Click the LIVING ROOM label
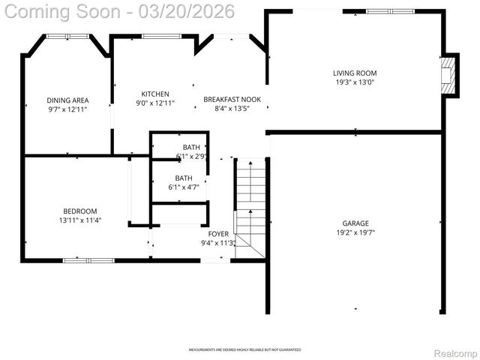pos(355,73)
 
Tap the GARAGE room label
pos(355,223)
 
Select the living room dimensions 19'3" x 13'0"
pos(355,82)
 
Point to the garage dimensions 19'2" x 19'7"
pos(355,232)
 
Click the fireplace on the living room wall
pos(448,76)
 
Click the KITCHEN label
pos(155,94)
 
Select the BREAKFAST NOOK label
pos(232,99)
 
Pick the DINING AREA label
pos(67,100)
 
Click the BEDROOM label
pos(79,211)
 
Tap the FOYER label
pos(218,234)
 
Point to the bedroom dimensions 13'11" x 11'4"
pos(79,220)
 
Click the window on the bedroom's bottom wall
pos(88,260)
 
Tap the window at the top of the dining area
pos(67,36)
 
